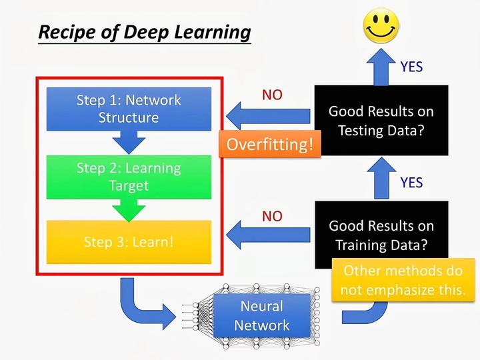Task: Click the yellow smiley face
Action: pos(380,26)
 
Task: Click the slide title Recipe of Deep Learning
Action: pos(144,32)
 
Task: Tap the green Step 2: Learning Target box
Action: pos(129,176)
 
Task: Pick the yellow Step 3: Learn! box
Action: pos(129,241)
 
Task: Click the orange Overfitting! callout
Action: pos(269,145)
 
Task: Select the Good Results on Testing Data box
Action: pos(381,120)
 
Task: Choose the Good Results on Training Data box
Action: pos(381,235)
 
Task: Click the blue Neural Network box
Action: pos(262,316)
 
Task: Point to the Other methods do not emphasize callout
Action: pos(402,281)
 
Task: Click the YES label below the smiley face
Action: pos(411,67)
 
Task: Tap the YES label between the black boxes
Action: pos(411,182)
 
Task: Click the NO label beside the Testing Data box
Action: pos(272,95)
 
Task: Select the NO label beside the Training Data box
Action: pos(272,216)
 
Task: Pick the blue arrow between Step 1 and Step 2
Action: pos(129,140)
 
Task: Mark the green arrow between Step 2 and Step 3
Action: pos(129,209)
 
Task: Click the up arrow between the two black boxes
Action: pos(381,179)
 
